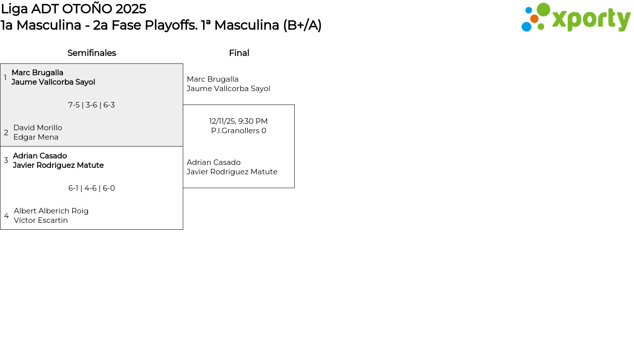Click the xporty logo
coord(576,18)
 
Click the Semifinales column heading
coord(92,53)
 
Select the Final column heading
coord(239,53)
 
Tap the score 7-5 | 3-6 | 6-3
coord(92,105)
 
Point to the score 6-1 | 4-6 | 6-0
coord(92,188)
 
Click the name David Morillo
coord(38,128)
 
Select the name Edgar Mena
coord(36,137)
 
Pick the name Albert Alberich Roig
coord(51,211)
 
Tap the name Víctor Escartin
coord(41,220)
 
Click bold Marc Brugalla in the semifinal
coord(37,73)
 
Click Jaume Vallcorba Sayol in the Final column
coord(228,89)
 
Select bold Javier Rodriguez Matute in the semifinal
coord(58,165)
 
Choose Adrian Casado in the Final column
coord(213,162)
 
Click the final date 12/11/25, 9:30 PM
coord(238,121)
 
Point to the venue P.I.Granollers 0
coord(238,131)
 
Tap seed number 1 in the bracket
coord(5,78)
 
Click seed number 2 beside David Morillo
coord(6,133)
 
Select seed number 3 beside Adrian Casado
coord(6,160)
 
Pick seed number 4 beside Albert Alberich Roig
coord(6,216)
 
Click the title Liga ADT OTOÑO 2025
coord(73,9)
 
